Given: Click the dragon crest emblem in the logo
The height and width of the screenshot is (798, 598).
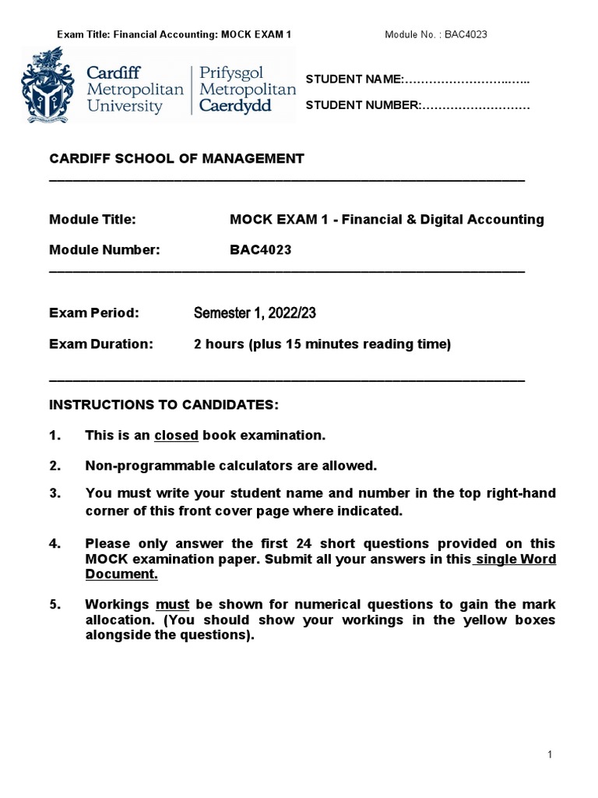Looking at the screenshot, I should (51, 84).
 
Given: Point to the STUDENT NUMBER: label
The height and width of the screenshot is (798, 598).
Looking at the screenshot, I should (362, 105).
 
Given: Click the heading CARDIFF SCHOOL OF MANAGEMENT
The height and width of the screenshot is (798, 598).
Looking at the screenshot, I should (177, 158).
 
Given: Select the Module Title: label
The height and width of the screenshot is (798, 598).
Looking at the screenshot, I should (93, 219).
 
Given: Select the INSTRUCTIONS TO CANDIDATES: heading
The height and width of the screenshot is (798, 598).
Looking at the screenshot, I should (164, 405).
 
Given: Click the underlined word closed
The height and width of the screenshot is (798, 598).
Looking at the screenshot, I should (177, 435).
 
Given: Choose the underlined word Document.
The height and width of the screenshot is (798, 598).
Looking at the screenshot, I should (121, 574).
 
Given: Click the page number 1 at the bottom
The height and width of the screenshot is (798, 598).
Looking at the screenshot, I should (550, 754).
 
